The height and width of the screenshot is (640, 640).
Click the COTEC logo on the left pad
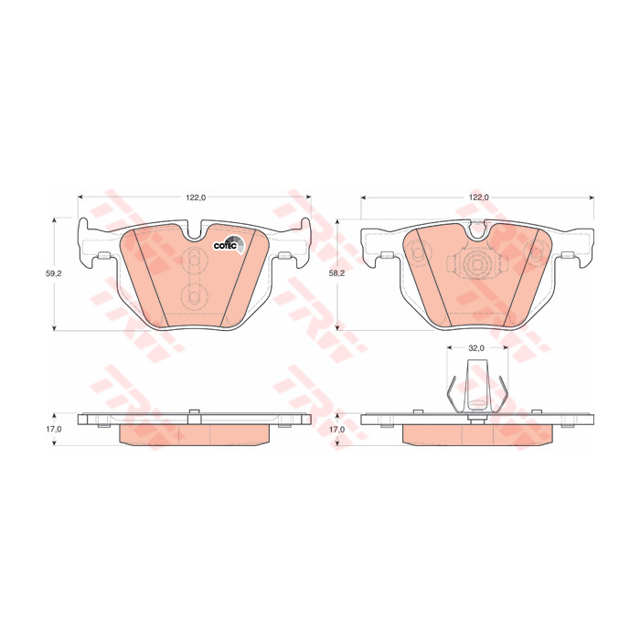(x=229, y=245)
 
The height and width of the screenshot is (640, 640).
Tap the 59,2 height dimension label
(x=53, y=274)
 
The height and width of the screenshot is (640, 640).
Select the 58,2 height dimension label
(x=337, y=273)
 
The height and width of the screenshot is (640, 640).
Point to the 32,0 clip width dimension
(x=476, y=347)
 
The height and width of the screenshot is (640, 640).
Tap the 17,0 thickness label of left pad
(x=53, y=429)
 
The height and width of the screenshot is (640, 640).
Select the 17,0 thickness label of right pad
(x=337, y=430)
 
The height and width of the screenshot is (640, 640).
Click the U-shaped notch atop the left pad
(x=195, y=229)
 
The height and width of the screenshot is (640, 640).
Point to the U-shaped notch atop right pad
(x=476, y=229)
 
